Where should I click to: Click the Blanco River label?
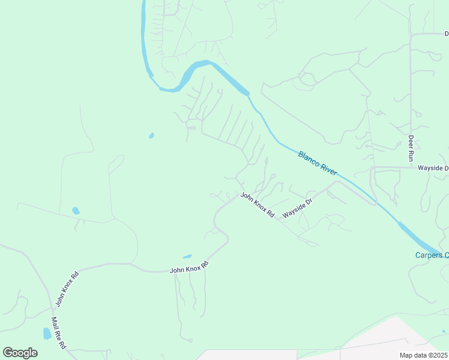318,163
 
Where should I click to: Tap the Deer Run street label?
411,147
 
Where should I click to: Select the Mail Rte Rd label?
58,334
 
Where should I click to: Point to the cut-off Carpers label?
432,255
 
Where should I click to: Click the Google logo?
20,352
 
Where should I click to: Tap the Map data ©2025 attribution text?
424,355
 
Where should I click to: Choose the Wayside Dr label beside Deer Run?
433,169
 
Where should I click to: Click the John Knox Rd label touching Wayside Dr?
258,205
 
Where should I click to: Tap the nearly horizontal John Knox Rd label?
189,268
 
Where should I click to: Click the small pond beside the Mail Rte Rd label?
47,334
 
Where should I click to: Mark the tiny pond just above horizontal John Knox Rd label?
187,256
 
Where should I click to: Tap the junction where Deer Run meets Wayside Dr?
411,167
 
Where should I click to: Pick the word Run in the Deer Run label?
411,155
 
